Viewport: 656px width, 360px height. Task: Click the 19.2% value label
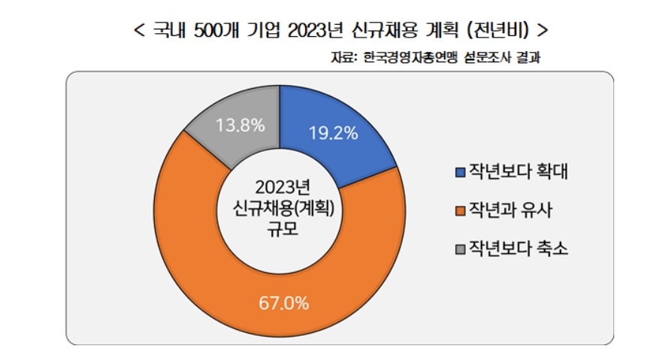tap(332, 133)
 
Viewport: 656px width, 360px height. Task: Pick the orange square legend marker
tap(461, 210)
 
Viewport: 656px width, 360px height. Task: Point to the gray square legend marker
tap(461, 249)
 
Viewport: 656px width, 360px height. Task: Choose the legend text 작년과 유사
tap(510, 210)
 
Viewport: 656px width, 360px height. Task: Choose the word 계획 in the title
tap(439, 32)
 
